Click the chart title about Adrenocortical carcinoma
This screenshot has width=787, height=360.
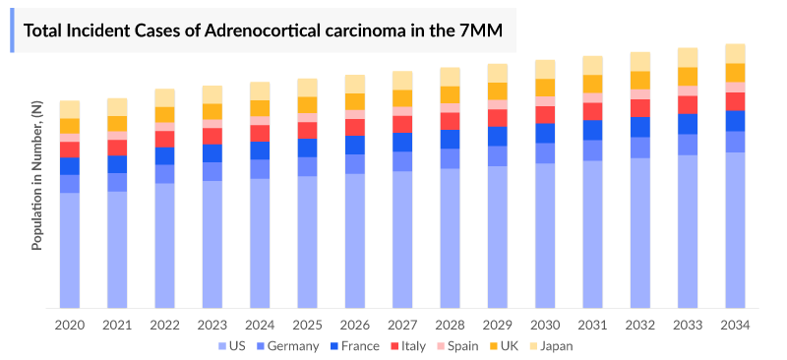click(263, 31)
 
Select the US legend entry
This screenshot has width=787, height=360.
click(231, 345)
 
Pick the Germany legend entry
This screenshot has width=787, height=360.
click(286, 345)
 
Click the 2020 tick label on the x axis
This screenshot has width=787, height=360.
click(70, 325)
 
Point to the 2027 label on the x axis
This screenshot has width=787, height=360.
click(402, 325)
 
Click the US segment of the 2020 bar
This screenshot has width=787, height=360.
click(70, 251)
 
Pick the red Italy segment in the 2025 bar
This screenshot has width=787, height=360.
click(307, 130)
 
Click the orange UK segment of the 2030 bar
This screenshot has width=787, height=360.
click(545, 87)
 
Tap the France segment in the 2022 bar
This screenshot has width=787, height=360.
click(164, 155)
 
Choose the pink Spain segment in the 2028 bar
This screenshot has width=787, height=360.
click(450, 108)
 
